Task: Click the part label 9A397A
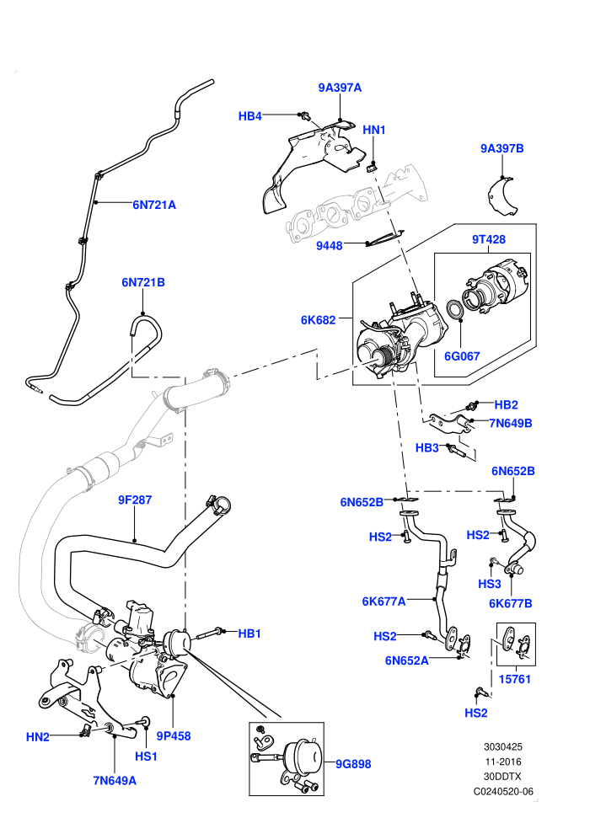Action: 340,88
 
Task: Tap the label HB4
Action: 250,116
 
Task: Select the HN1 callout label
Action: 374,130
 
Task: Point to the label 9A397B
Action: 502,148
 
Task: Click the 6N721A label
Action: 154,205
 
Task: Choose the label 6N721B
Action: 143,282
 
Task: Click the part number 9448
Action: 330,246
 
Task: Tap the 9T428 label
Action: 489,239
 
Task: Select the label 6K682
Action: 318,319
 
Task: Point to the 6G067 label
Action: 463,356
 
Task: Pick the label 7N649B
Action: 511,424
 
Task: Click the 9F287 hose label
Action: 135,500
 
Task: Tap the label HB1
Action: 249,634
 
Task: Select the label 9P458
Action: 174,736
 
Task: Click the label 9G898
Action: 353,764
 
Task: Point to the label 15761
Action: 515,679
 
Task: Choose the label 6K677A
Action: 383,601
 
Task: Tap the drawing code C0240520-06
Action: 503,791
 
